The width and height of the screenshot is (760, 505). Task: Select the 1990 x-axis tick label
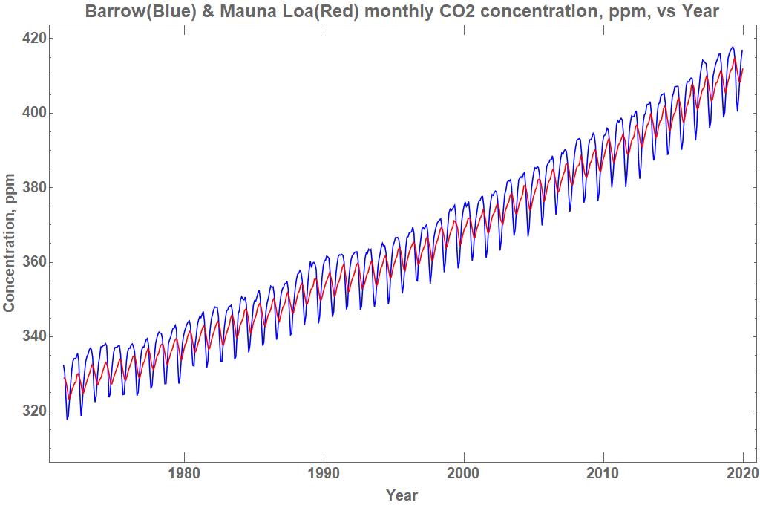tap(324, 472)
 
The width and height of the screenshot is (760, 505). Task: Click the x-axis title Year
tap(402, 495)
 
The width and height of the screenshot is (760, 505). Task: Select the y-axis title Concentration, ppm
tap(10, 243)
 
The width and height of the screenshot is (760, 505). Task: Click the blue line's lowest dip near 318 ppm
tap(68, 420)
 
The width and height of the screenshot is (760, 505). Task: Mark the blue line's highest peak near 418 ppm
tap(733, 47)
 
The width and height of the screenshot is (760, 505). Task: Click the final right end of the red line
tap(742, 69)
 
